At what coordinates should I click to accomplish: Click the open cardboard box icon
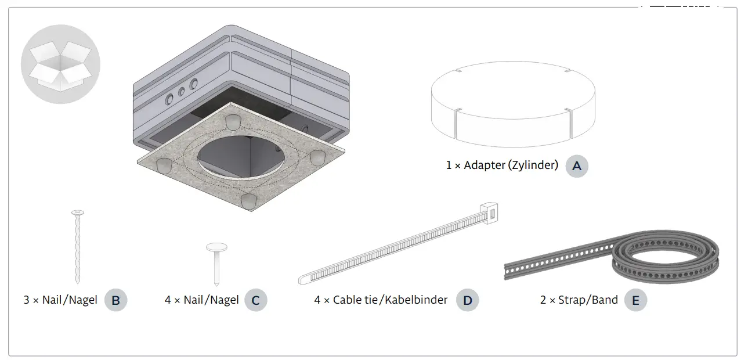pyautogui.click(x=60, y=64)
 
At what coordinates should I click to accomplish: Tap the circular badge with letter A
pyautogui.click(x=576, y=165)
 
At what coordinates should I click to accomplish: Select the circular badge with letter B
pyautogui.click(x=115, y=300)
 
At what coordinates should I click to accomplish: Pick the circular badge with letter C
pyautogui.click(x=255, y=300)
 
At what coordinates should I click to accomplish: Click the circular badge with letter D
pyautogui.click(x=468, y=300)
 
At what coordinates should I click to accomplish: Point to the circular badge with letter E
pyautogui.click(x=635, y=300)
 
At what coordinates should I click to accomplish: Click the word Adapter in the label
pyautogui.click(x=485, y=165)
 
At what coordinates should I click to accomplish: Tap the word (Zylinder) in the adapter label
pyautogui.click(x=533, y=165)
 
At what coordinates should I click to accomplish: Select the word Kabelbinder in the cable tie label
pyautogui.click(x=417, y=300)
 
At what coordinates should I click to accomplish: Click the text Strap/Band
pyautogui.click(x=588, y=300)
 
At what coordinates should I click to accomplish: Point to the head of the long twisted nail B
pyautogui.click(x=78, y=213)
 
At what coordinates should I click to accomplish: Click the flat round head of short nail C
pyautogui.click(x=216, y=247)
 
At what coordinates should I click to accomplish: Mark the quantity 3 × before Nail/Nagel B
pyautogui.click(x=31, y=300)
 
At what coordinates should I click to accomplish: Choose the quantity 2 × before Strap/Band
pyautogui.click(x=547, y=300)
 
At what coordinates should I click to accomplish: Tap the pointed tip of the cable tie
pyautogui.click(x=302, y=280)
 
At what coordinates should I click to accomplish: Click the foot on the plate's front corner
pyautogui.click(x=248, y=201)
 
